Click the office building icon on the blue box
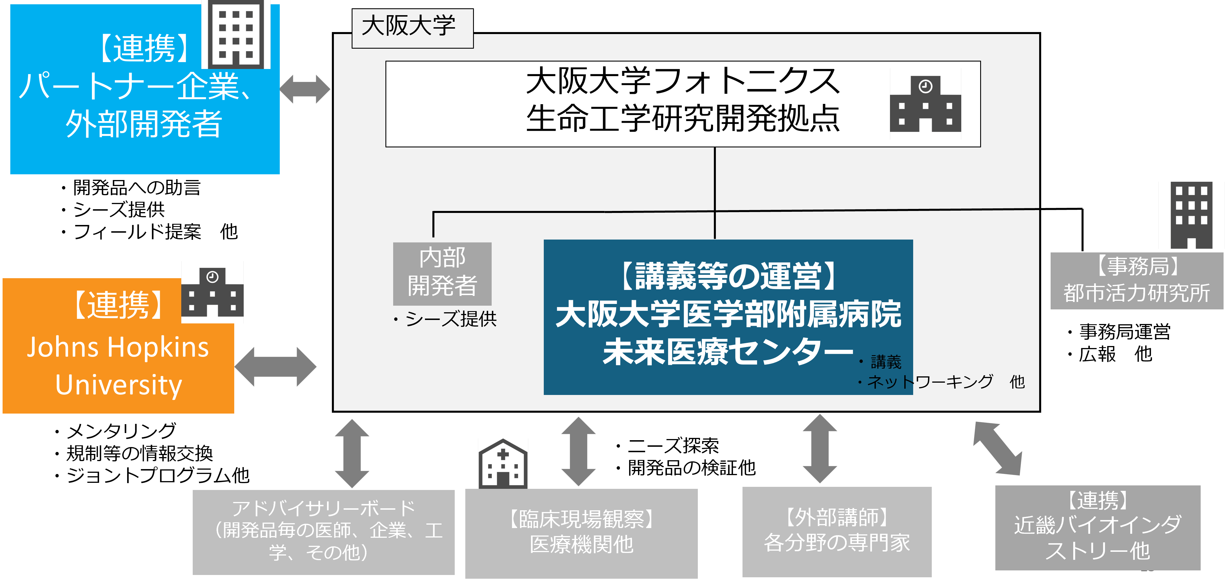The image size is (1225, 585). [x=236, y=34]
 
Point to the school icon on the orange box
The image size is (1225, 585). [x=212, y=292]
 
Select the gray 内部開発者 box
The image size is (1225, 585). [x=442, y=273]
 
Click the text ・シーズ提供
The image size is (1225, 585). [x=445, y=319]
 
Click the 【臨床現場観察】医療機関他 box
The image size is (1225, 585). [x=581, y=533]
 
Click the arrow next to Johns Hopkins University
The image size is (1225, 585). [x=275, y=366]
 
